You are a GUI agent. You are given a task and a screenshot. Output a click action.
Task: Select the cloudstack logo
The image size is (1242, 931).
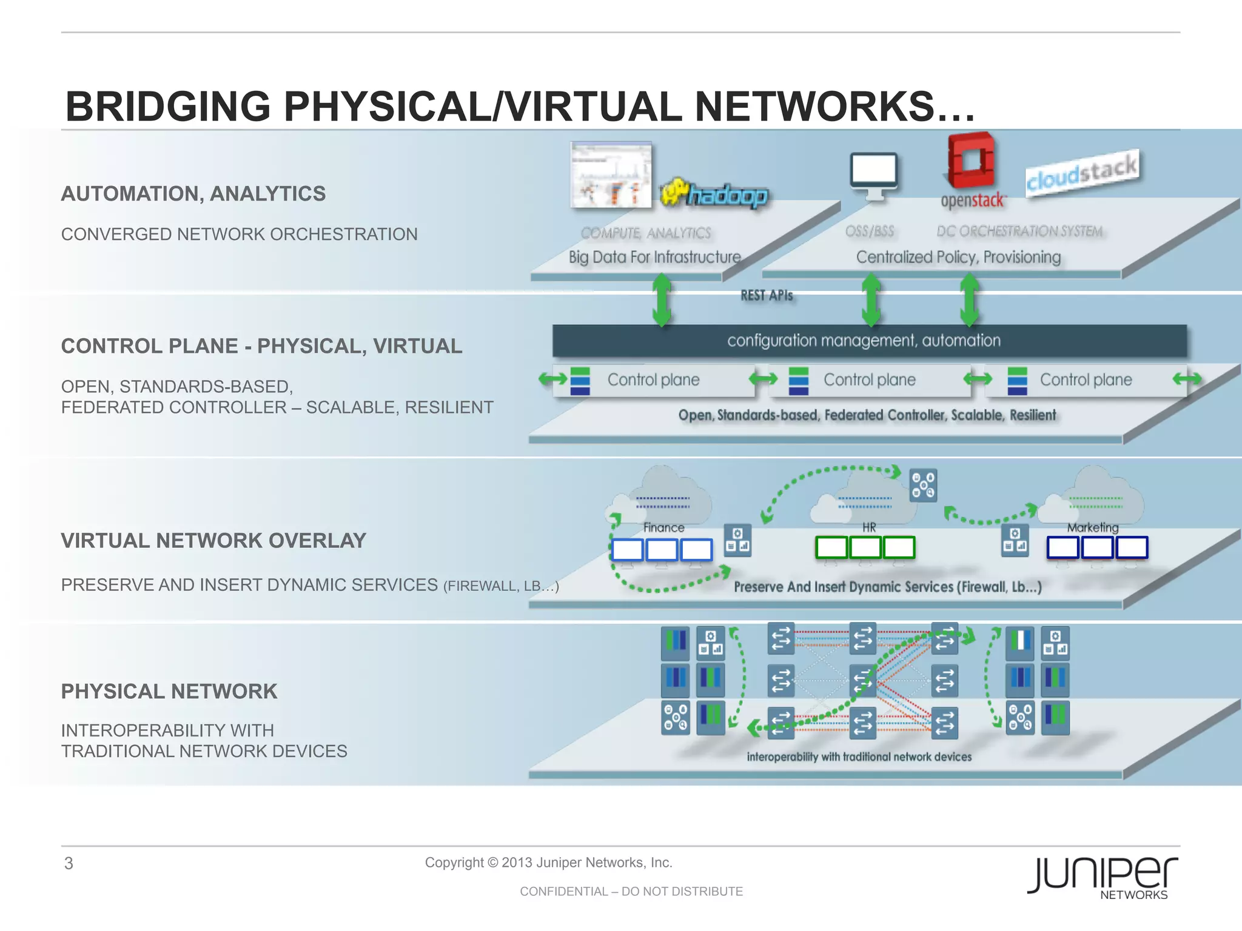click(1083, 173)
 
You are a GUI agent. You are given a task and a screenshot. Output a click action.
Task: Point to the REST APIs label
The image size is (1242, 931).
click(767, 295)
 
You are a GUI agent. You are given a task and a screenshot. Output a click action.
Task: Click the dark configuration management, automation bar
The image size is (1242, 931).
click(869, 341)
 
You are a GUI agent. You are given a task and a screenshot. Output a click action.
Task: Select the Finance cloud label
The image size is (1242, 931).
click(663, 527)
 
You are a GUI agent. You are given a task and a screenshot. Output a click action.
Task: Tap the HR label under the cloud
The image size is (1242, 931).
click(869, 527)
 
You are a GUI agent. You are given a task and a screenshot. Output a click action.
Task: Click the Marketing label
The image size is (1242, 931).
click(1093, 527)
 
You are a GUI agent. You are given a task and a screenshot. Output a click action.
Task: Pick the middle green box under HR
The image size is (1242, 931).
click(865, 547)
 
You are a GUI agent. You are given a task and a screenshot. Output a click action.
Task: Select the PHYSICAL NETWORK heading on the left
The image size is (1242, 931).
click(169, 692)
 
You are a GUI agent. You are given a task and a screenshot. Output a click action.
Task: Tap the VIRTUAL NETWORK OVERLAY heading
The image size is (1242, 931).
click(213, 541)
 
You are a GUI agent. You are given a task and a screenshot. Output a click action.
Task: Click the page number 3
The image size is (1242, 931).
click(69, 863)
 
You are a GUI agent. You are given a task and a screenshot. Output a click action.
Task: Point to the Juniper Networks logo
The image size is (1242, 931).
click(1103, 876)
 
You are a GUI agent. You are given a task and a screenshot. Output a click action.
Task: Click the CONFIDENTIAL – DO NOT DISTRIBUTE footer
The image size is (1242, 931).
click(631, 891)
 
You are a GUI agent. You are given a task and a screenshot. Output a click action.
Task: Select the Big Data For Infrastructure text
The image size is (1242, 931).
click(654, 257)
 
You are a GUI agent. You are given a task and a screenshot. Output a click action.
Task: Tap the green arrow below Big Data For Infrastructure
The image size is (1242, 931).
click(662, 301)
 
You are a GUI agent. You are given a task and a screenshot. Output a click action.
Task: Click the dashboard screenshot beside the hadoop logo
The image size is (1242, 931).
click(611, 175)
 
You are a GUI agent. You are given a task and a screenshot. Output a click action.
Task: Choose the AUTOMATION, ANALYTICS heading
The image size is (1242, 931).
click(193, 194)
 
